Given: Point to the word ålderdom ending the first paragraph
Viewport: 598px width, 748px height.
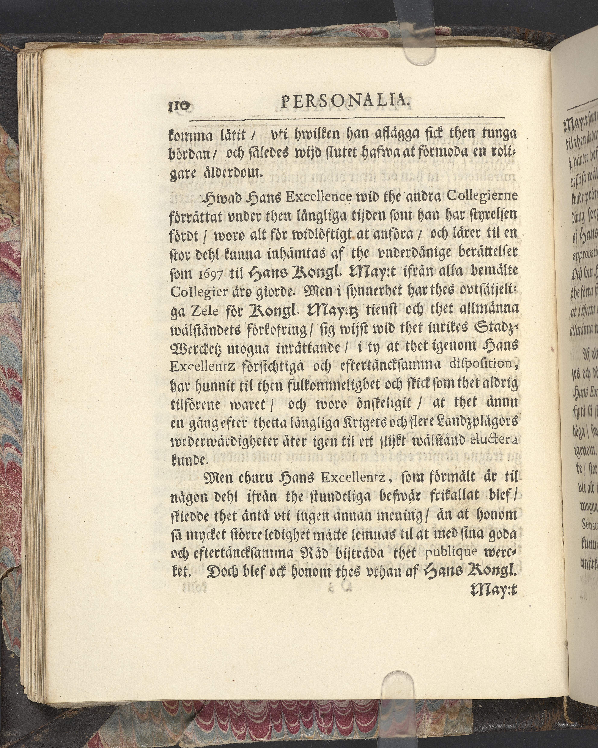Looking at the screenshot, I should pos(231,172).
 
